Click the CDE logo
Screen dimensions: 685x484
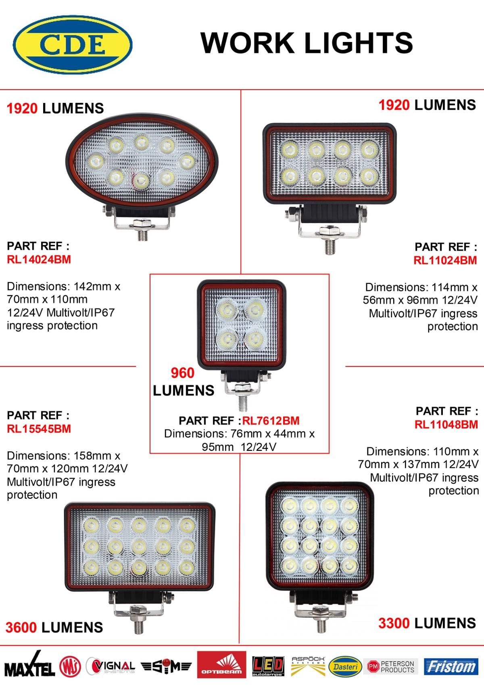click(73, 44)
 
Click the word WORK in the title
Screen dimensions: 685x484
click(247, 43)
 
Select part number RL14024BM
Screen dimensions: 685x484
click(39, 260)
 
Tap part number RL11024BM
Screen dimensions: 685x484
click(445, 260)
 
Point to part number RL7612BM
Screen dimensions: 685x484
click(271, 421)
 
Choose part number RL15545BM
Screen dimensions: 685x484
click(39, 429)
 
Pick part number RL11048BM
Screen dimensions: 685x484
click(446, 425)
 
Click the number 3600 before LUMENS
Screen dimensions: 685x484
click(21, 628)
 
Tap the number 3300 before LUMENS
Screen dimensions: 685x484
click(394, 624)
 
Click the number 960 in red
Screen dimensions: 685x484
click(182, 373)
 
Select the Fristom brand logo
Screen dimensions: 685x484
click(451, 666)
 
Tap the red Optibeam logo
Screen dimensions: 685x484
click(221, 666)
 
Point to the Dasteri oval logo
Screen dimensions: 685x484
click(345, 667)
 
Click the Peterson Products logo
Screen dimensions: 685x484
click(390, 666)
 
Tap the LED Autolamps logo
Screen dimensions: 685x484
click(267, 666)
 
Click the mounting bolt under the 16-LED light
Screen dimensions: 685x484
click(321, 624)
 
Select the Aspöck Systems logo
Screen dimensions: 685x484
click(308, 666)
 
